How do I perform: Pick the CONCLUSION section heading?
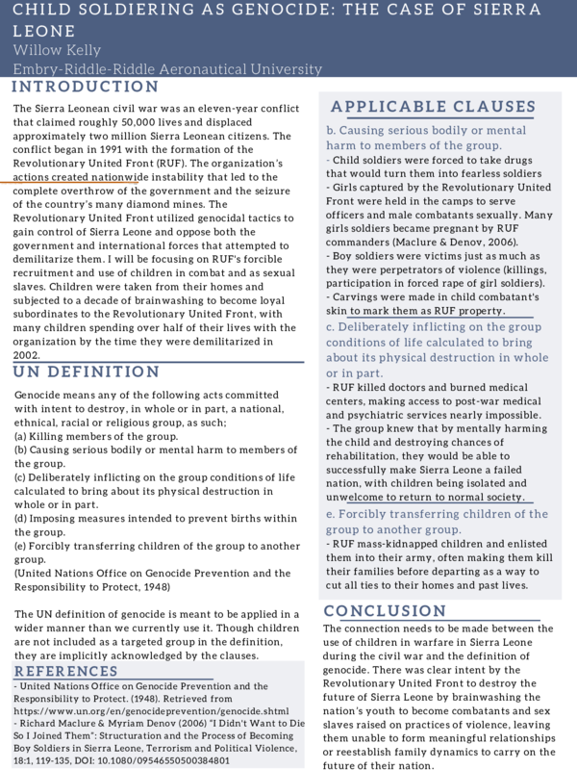click(386, 611)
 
